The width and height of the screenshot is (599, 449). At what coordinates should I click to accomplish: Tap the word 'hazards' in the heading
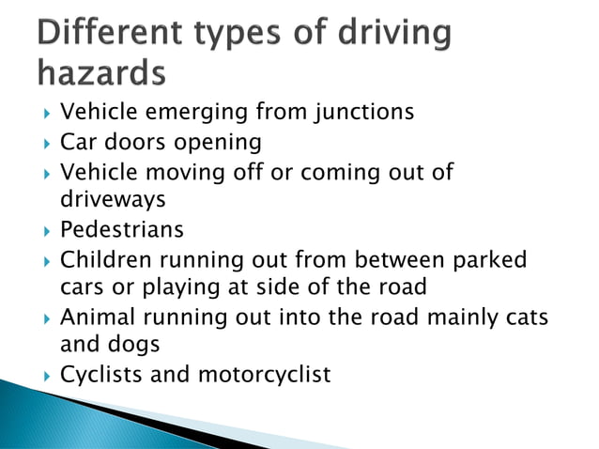pos(99,72)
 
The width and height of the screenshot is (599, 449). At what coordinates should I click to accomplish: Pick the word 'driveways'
pos(113,200)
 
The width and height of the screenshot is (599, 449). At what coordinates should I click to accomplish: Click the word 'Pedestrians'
pos(122,230)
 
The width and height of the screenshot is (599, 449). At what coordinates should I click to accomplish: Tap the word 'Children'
pos(100,259)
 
